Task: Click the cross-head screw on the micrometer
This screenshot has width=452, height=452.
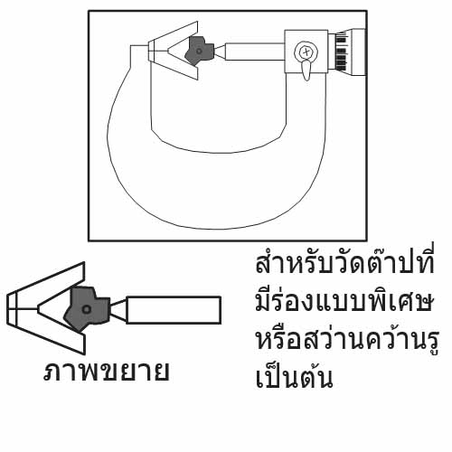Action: pyautogui.click(x=306, y=52)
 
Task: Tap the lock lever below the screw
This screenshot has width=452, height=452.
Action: pyautogui.click(x=306, y=70)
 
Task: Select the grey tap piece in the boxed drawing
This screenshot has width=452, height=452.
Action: pyautogui.click(x=198, y=51)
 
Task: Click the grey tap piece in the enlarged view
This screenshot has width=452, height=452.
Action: pyautogui.click(x=87, y=309)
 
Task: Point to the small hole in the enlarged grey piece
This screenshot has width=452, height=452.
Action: pyautogui.click(x=87, y=309)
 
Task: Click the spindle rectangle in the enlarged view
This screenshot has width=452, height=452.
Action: pyautogui.click(x=174, y=310)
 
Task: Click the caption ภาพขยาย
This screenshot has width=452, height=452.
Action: pyautogui.click(x=106, y=372)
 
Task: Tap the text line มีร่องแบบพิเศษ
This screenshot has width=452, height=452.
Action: pyautogui.click(x=344, y=300)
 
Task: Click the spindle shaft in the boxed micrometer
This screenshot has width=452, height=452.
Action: pyautogui.click(x=255, y=52)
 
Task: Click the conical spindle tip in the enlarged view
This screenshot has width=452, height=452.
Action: pyautogui.click(x=118, y=310)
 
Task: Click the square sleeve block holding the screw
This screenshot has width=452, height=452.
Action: pyautogui.click(x=306, y=52)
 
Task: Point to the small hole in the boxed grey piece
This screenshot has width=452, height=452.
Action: pyautogui.click(x=199, y=52)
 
